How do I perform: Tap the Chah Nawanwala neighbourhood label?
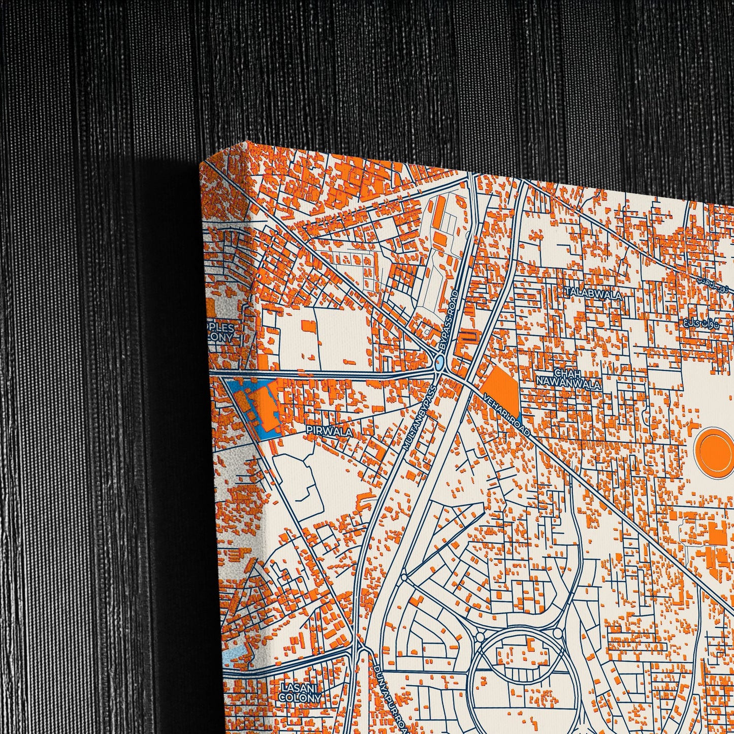click(x=570, y=379)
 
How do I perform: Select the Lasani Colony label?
click(x=301, y=692)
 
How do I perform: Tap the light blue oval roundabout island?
click(x=439, y=363)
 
